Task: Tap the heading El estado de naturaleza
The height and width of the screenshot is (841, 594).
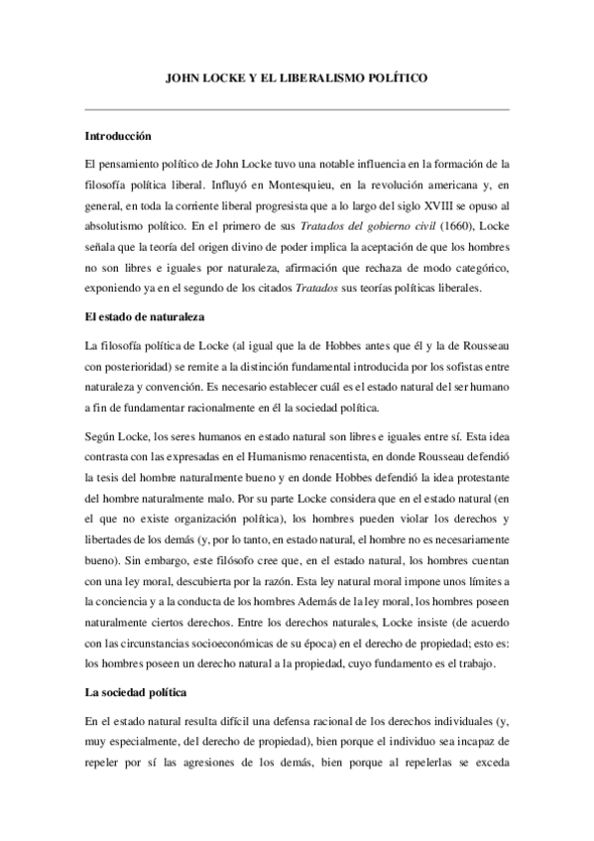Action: coord(143,317)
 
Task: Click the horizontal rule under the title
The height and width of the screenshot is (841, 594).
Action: coord(297,109)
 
